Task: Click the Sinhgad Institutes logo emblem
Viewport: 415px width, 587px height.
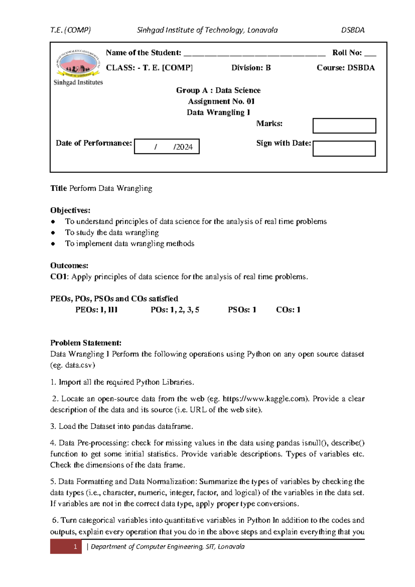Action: coord(78,63)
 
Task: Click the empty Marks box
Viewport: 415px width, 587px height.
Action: coord(344,126)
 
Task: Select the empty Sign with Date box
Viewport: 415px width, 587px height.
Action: coord(344,148)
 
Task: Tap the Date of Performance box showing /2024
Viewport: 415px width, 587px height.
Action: coord(167,146)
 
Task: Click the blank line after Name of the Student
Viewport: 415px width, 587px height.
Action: coord(254,54)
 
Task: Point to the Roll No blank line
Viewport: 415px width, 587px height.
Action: coord(370,54)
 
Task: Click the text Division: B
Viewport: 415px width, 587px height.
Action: coord(251,68)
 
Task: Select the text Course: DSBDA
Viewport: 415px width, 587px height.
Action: coord(345,68)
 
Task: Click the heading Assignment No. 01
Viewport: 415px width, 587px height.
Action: coord(221,101)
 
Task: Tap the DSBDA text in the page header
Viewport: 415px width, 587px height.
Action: coord(353,30)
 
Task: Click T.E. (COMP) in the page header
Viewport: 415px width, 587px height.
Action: coord(71,30)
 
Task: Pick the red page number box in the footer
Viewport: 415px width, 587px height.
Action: coord(66,547)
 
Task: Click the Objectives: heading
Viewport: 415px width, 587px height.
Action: coord(70,210)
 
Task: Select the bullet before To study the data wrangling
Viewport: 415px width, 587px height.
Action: coord(53,233)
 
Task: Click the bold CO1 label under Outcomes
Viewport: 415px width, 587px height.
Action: coord(59,277)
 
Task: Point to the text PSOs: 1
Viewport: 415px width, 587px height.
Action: coord(242,310)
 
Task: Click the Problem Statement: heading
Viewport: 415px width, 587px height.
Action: coord(86,343)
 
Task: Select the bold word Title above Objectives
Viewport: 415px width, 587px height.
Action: coord(58,188)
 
